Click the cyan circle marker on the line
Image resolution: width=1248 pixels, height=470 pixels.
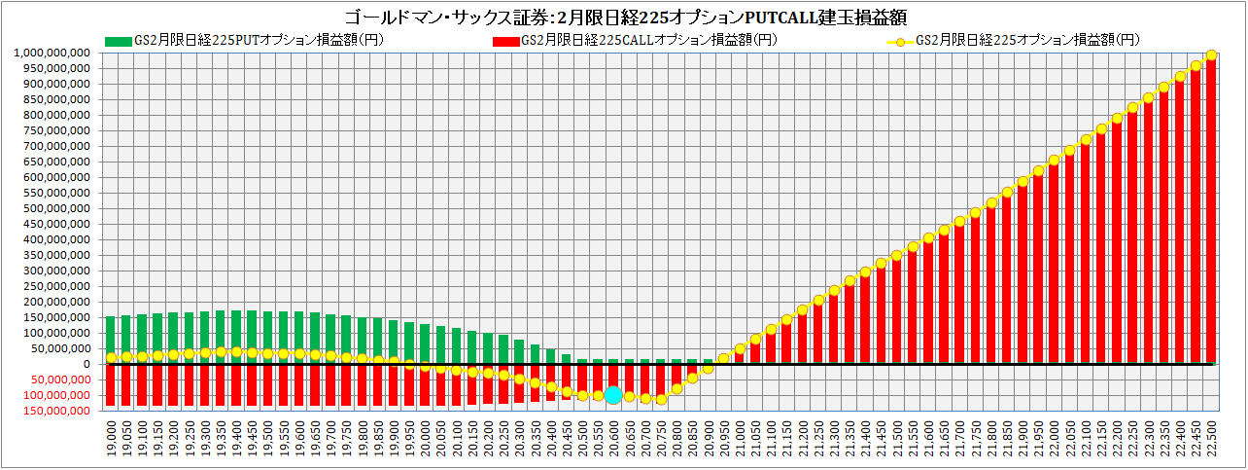[x=613, y=395]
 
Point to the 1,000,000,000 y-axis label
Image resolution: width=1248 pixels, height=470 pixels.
[x=53, y=53]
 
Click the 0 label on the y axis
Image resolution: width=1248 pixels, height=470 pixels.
[x=87, y=364]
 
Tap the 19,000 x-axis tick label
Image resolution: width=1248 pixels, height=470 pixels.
[x=111, y=438]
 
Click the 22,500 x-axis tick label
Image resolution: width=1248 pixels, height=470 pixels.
[x=1211, y=438]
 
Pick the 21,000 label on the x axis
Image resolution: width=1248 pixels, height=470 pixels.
[x=740, y=438]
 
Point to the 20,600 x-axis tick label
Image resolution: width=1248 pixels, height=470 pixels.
[x=613, y=438]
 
